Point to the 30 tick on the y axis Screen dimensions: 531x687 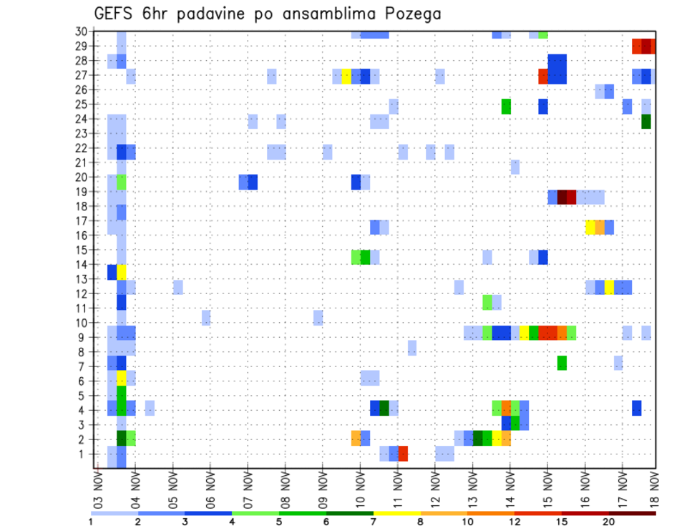[81, 31]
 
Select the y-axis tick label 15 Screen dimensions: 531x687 [81, 250]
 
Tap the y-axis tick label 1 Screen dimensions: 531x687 [84, 454]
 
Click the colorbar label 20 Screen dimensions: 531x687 [608, 522]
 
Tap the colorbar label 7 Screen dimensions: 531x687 [373, 522]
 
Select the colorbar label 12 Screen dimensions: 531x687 [515, 522]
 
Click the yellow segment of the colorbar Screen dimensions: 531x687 [396, 512]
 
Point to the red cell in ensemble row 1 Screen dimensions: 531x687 [403, 454]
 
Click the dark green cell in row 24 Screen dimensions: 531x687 [646, 122]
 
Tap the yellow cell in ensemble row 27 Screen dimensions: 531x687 [346, 77]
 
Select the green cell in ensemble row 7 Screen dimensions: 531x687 [562, 363]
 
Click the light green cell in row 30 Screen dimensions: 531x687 [543, 34]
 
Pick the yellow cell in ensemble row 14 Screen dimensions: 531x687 [122, 272]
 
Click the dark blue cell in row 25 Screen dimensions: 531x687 [543, 107]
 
